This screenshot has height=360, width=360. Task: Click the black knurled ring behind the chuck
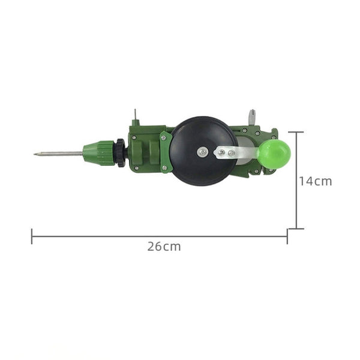click(x=121, y=152)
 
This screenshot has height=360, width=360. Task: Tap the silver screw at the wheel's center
click(x=203, y=152)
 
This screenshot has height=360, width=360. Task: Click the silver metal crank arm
click(x=237, y=153)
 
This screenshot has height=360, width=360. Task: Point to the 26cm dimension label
click(x=164, y=246)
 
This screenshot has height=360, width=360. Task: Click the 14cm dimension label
click(x=315, y=181)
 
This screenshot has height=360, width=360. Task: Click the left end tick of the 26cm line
click(x=32, y=236)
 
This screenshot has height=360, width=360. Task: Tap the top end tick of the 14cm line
click(x=296, y=132)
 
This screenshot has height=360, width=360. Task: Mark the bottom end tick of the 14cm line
click(x=296, y=229)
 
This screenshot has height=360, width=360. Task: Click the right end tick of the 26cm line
click(x=287, y=236)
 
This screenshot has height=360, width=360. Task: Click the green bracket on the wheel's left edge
click(x=166, y=153)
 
